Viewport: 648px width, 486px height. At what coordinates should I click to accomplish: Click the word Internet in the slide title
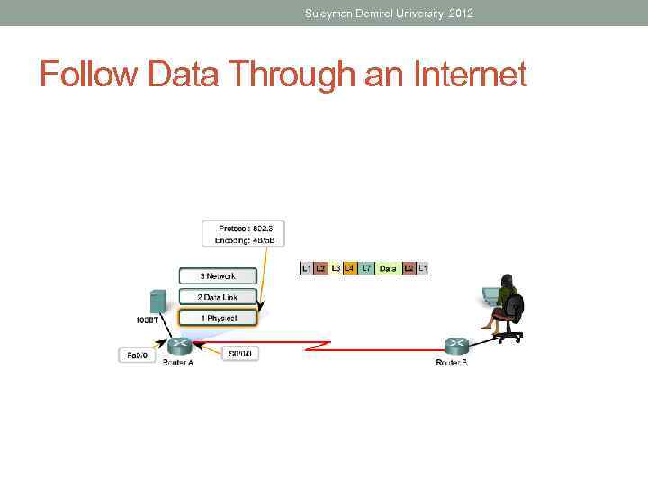[471, 75]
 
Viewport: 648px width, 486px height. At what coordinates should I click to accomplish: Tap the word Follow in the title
[88, 75]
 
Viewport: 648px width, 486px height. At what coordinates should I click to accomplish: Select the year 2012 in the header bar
[458, 13]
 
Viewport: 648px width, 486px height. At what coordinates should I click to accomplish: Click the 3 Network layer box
[218, 276]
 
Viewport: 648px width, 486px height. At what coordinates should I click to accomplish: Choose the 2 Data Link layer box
[218, 297]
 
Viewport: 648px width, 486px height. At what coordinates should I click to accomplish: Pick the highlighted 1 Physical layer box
[218, 318]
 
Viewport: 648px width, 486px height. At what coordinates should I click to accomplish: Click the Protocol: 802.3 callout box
[243, 234]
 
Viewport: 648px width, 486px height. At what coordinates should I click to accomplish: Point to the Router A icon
[178, 345]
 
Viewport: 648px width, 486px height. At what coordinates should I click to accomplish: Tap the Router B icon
[455, 345]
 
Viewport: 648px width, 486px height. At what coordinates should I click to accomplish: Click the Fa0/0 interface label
[137, 355]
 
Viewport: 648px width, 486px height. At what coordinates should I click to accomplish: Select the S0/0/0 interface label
[242, 355]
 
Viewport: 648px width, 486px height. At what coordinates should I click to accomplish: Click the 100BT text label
[148, 319]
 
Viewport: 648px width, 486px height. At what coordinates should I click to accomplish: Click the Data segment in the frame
[388, 268]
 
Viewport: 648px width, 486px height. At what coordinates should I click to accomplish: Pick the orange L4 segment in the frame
[349, 268]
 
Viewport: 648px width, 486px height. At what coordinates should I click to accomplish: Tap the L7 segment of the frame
[366, 268]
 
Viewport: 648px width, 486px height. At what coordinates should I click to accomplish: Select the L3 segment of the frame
[336, 268]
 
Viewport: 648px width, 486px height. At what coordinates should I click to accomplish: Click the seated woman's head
[508, 281]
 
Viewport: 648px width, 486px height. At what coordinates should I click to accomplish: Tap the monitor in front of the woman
[490, 294]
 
